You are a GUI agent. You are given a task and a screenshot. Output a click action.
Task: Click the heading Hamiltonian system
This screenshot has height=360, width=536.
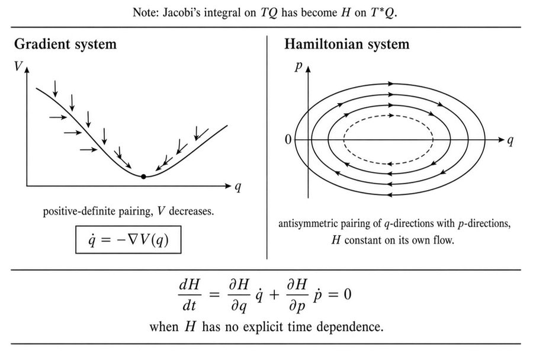tap(346, 44)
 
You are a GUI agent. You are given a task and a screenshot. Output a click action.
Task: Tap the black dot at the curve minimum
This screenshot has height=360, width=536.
tap(143, 176)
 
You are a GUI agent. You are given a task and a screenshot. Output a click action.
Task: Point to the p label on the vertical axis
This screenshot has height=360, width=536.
tap(299, 66)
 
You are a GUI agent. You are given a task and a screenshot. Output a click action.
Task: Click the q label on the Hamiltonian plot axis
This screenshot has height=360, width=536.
tap(511, 140)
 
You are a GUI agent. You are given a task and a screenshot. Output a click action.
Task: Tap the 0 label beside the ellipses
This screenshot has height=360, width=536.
tap(288, 140)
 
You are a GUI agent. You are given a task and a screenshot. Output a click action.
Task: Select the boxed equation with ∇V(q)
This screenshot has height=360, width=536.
tap(128, 240)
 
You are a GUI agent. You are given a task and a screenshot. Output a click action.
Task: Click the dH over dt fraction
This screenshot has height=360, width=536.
tap(190, 295)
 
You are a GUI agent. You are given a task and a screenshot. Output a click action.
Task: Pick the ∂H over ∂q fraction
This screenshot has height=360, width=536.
tap(239, 295)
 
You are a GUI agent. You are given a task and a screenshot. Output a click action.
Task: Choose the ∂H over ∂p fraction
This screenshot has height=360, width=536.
tap(297, 295)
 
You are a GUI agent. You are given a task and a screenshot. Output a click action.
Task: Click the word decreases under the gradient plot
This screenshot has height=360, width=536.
tap(191, 211)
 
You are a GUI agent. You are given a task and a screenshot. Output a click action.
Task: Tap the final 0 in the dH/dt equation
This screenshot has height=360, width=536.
tap(347, 294)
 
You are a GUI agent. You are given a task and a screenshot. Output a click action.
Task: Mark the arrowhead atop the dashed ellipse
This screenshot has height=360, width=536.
tap(390, 115)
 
